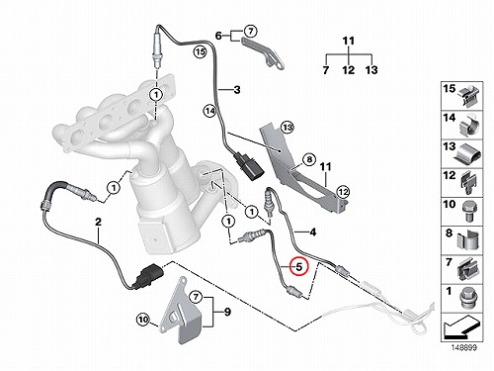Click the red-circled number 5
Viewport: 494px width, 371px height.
coord(298,266)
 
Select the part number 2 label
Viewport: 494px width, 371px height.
coord(98,222)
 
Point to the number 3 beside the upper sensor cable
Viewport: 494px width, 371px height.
coord(237,89)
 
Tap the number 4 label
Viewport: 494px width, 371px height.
coord(313,232)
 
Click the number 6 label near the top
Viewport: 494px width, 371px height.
coord(218,36)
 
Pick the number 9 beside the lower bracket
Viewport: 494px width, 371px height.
coord(227,312)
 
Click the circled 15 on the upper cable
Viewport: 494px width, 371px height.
coord(200,51)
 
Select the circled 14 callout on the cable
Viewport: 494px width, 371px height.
coord(209,111)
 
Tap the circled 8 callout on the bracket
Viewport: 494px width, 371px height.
coord(309,160)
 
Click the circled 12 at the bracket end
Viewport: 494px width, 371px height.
coord(343,191)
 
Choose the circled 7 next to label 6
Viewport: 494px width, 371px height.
coord(251,32)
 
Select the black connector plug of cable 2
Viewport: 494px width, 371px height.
coord(148,276)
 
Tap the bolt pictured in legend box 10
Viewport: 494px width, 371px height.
coord(468,212)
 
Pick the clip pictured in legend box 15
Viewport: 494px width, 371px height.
coord(468,96)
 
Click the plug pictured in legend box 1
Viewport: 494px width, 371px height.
coord(468,300)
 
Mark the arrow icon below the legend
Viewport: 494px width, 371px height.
coord(461,327)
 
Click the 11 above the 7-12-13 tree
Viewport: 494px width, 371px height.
coord(349,42)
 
